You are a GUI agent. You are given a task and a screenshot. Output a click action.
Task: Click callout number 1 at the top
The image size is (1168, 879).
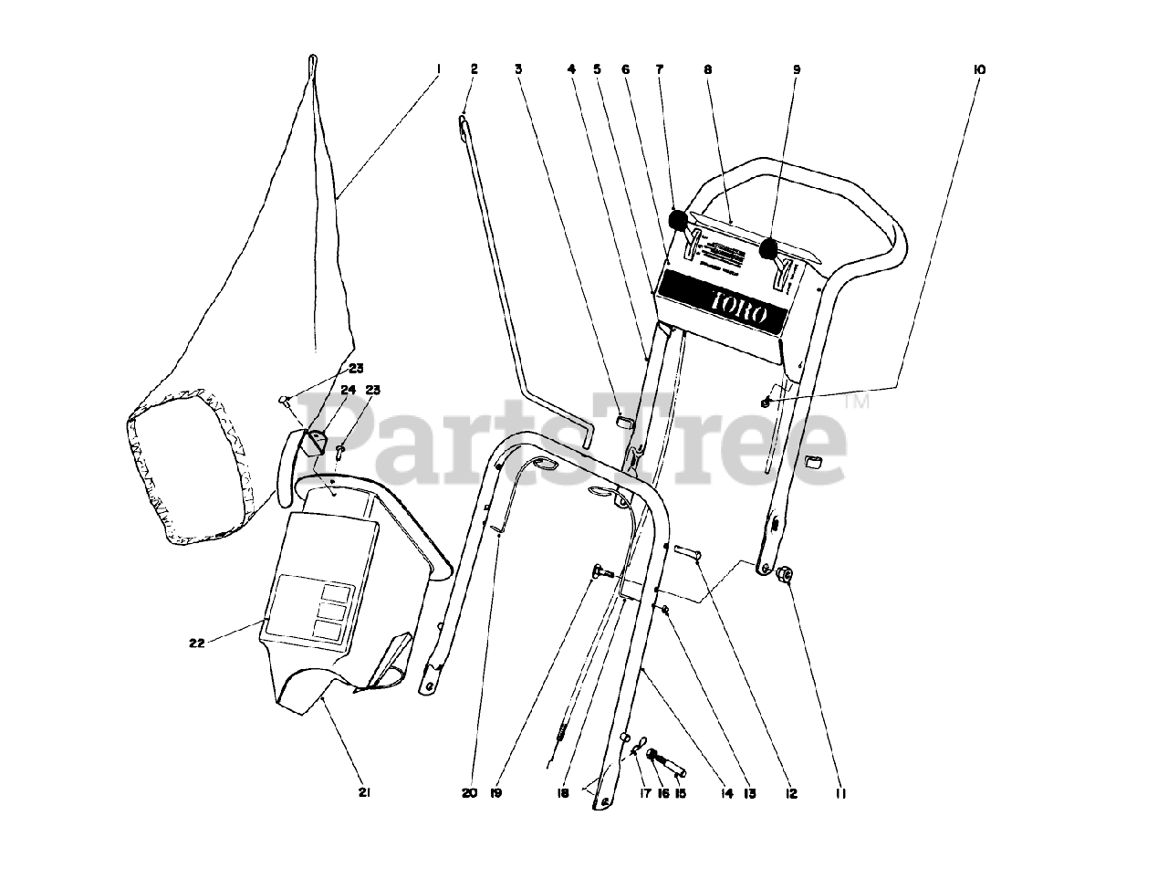pyautogui.click(x=437, y=68)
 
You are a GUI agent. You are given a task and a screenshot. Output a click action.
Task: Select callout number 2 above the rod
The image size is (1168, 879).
pyautogui.click(x=474, y=68)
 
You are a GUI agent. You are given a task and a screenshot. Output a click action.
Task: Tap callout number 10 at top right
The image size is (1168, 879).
pyautogui.click(x=980, y=69)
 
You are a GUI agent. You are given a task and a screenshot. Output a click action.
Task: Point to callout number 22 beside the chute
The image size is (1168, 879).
pyautogui.click(x=196, y=642)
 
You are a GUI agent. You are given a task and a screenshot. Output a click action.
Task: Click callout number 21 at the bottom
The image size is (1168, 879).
pyautogui.click(x=363, y=793)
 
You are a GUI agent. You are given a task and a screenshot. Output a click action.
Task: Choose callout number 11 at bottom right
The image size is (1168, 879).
pyautogui.click(x=840, y=794)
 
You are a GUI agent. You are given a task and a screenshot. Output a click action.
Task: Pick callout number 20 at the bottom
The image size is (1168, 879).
pyautogui.click(x=469, y=794)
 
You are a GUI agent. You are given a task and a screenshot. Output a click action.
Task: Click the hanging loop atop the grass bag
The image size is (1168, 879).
pyautogui.click(x=312, y=62)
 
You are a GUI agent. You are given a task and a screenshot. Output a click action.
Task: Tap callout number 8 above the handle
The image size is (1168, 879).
pyautogui.click(x=707, y=69)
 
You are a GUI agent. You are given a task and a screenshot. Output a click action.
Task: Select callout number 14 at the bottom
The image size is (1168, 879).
pyautogui.click(x=726, y=794)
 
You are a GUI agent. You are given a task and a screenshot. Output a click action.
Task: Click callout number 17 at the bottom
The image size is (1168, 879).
pyautogui.click(x=645, y=794)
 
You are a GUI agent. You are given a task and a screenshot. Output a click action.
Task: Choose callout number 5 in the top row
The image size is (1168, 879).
pyautogui.click(x=598, y=69)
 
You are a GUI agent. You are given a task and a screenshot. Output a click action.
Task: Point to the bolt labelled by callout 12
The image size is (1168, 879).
pyautogui.click(x=686, y=551)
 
